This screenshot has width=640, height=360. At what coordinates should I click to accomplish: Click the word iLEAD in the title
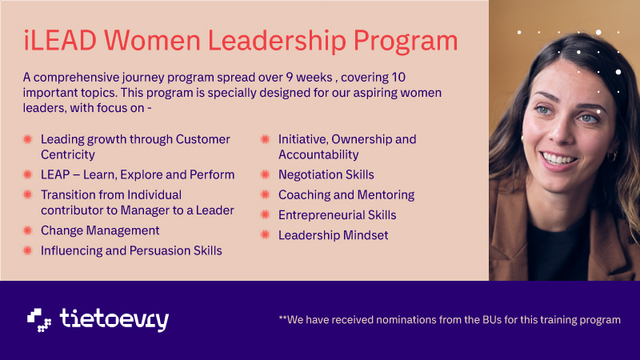[x=60, y=41]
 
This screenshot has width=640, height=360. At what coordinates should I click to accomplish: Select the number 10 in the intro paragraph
[x=398, y=77]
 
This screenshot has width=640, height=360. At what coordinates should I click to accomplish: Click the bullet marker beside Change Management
[x=27, y=230]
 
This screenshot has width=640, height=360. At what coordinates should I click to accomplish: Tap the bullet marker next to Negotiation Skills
[x=266, y=174]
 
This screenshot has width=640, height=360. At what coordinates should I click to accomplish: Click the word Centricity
[x=68, y=154]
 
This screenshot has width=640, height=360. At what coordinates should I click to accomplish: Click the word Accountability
[x=318, y=154]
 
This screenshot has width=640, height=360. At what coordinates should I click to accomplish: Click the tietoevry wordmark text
[x=114, y=319]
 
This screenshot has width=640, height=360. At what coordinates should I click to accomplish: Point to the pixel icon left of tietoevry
[x=39, y=320]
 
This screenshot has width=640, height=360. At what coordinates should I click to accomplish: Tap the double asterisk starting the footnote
[x=283, y=318]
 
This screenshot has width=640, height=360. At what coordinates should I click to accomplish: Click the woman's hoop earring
[x=611, y=157]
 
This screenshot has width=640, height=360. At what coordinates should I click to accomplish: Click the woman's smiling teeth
[x=558, y=158]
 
